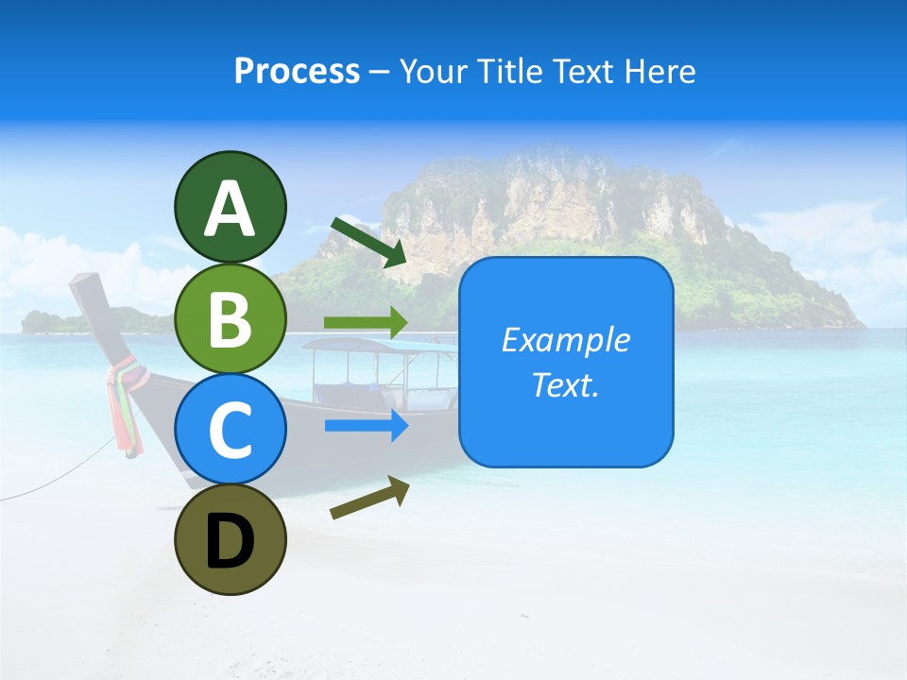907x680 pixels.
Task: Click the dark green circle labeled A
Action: [x=230, y=207]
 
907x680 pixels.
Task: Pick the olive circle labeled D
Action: [x=230, y=539]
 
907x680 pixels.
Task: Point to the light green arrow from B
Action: [x=366, y=322]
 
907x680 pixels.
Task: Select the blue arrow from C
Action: [x=366, y=426]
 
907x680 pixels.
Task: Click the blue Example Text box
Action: [x=566, y=362]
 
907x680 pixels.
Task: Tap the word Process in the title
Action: [x=297, y=71]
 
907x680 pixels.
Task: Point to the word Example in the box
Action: [x=565, y=340]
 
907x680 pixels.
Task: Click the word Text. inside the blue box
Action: [x=565, y=384]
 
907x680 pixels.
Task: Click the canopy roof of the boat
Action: [x=378, y=346]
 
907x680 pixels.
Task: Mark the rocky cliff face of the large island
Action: [x=548, y=203]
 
